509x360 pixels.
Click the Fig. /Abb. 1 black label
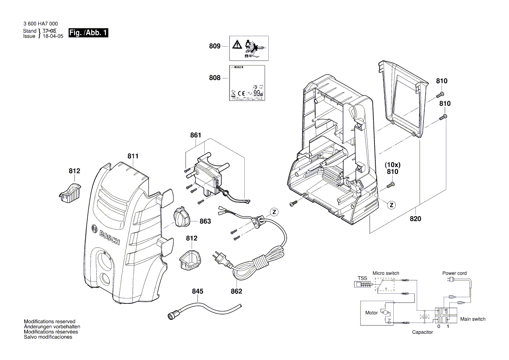(88, 33)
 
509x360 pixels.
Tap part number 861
(196, 135)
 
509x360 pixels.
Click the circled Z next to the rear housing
(391, 205)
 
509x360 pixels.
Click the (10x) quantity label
(392, 165)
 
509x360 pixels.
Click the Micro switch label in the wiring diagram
(386, 273)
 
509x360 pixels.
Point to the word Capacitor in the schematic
(422, 332)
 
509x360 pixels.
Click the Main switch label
(473, 319)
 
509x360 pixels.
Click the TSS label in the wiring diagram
(362, 278)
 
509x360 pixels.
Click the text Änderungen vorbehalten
(52, 326)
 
